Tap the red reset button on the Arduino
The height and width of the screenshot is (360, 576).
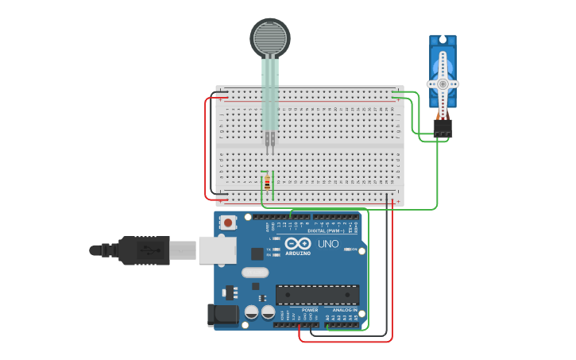tap(229, 223)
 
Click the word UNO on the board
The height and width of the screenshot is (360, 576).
tap(328, 244)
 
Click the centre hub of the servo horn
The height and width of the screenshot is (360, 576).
tap(443, 83)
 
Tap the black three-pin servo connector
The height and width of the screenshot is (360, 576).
tap(443, 128)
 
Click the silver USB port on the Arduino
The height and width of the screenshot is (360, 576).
tap(216, 250)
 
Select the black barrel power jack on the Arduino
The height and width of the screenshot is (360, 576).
tap(222, 315)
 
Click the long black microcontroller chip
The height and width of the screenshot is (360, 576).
tap(317, 295)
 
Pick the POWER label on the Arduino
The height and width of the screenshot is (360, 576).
tap(299, 310)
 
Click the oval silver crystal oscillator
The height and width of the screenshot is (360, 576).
tap(255, 273)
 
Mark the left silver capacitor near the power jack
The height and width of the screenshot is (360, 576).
tap(252, 312)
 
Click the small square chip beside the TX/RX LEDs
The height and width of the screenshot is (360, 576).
tap(257, 254)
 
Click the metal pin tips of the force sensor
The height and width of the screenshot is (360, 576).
tap(270, 142)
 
